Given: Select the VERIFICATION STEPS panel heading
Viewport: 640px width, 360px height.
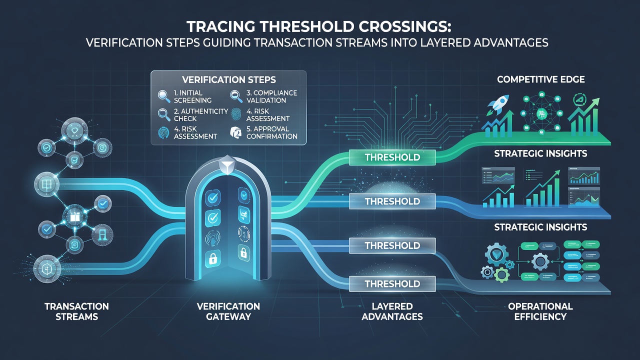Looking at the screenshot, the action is coord(229,79).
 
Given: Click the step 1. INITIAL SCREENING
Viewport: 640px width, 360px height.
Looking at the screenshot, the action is coord(192,96).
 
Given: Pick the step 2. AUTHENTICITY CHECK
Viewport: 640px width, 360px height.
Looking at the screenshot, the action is coord(200,115).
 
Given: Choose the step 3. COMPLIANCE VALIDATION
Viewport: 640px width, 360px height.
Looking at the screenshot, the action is coord(271,96).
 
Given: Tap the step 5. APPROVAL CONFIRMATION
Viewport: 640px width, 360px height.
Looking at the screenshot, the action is coord(271,132).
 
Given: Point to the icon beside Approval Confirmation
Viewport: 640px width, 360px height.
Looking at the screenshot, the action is coord(236,132).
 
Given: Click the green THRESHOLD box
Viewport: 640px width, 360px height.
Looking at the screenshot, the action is coord(392,157).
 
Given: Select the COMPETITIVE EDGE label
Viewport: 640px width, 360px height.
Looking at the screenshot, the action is coord(541,79).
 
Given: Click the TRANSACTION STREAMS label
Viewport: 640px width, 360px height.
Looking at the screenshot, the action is coord(77,311).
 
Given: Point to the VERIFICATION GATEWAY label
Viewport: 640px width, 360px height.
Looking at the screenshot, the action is coord(228,311).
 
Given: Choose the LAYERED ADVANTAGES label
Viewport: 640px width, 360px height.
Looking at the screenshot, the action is coord(392,311).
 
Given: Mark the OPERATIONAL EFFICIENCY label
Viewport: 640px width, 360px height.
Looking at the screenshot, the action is coord(540,311).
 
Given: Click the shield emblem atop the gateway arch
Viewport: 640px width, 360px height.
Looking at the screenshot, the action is coord(226,165).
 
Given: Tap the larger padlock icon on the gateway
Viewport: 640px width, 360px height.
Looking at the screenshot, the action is coord(212,258).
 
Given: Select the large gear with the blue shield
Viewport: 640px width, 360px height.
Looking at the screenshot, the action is coord(497,254).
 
